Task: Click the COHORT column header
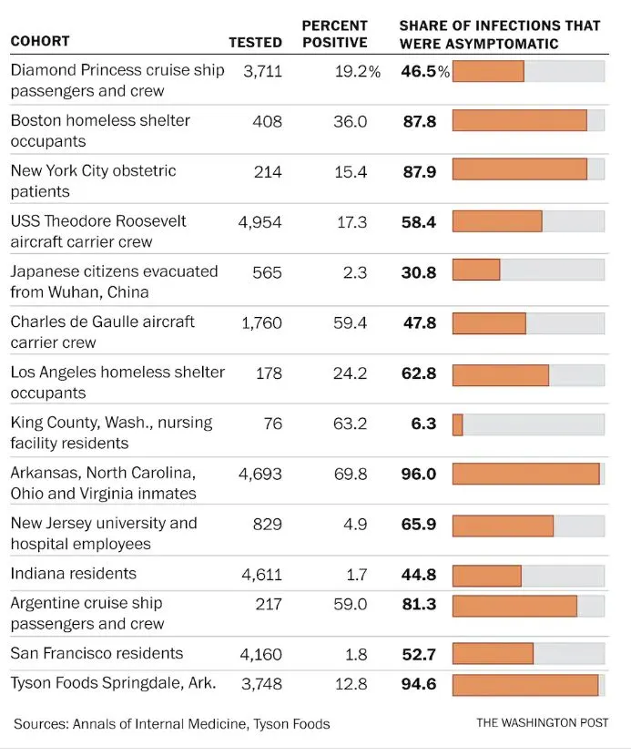pyautogui.click(x=40, y=42)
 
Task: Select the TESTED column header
pyautogui.click(x=255, y=42)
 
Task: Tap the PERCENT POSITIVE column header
pyautogui.click(x=334, y=34)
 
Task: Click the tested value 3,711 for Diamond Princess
pyautogui.click(x=263, y=71)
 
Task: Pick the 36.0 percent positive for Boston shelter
pyautogui.click(x=350, y=121)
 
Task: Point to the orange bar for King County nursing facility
pyautogui.click(x=457, y=424)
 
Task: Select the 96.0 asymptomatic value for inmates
pyautogui.click(x=420, y=475)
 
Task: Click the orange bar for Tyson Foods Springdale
pyautogui.click(x=525, y=685)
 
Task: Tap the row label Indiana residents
pyautogui.click(x=74, y=574)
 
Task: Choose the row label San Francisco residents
pyautogui.click(x=97, y=654)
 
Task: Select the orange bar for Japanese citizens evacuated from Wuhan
pyautogui.click(x=476, y=271)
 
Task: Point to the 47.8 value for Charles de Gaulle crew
pyautogui.click(x=420, y=323)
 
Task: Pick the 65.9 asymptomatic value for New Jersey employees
pyautogui.click(x=420, y=525)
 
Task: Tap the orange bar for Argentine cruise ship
pyautogui.click(x=514, y=605)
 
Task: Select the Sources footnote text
pyautogui.click(x=171, y=724)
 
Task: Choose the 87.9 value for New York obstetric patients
pyautogui.click(x=420, y=171)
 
